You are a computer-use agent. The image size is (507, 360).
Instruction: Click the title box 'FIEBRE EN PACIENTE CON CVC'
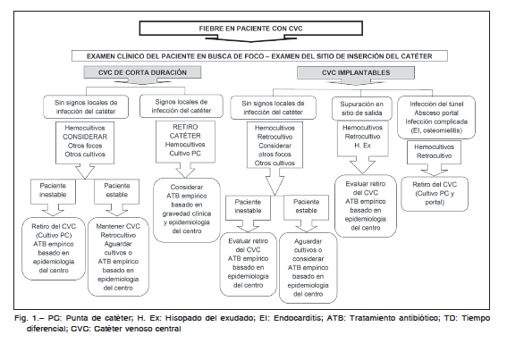(x=250, y=29)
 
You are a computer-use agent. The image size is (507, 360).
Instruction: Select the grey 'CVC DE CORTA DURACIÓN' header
(x=142, y=72)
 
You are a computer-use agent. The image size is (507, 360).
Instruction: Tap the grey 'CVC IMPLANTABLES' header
(x=356, y=72)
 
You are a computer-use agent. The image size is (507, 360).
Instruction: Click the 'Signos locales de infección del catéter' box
(x=181, y=106)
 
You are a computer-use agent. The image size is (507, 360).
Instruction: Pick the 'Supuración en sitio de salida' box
(x=361, y=109)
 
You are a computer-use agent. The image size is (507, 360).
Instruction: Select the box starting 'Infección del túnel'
(x=436, y=117)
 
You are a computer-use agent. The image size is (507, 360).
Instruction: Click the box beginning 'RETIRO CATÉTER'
(x=185, y=142)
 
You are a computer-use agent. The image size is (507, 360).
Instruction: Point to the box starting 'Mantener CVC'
(x=118, y=256)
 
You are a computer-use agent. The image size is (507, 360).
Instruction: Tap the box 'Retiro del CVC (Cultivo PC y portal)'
(x=435, y=194)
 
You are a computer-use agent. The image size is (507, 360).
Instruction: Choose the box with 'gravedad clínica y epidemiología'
(x=187, y=209)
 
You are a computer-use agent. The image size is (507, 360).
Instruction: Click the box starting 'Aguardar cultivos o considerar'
(x=308, y=268)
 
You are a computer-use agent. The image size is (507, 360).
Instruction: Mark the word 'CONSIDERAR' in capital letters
(x=85, y=137)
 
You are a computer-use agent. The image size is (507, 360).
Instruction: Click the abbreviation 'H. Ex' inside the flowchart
(x=362, y=146)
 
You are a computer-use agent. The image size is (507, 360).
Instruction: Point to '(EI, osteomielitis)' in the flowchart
(x=436, y=130)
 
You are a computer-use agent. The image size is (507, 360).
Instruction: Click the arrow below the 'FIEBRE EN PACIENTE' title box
(x=251, y=38)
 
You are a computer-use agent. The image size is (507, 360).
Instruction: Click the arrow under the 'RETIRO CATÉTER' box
(x=185, y=171)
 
